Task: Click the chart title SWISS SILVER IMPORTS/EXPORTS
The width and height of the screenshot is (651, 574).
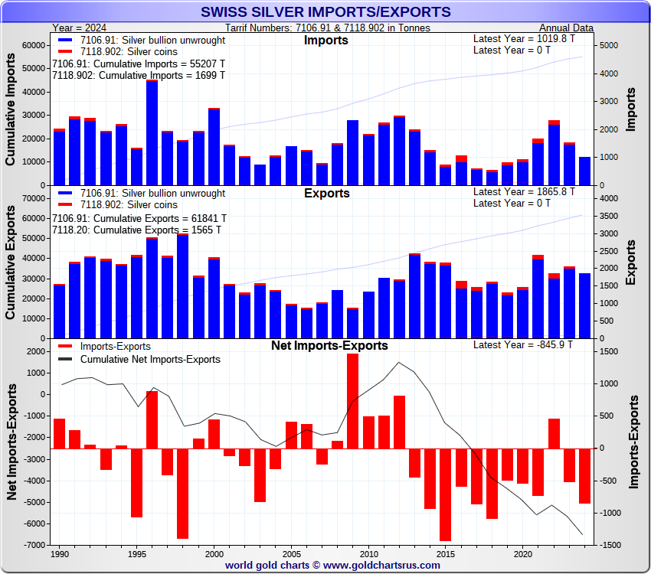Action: pyautogui.click(x=325, y=11)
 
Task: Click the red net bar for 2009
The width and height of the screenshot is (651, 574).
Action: pyautogui.click(x=353, y=401)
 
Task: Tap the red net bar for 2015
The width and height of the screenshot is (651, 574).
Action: pyautogui.click(x=445, y=494)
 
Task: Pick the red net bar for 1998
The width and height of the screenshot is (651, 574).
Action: pyautogui.click(x=182, y=494)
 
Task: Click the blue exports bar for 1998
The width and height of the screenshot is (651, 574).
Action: pyautogui.click(x=182, y=287)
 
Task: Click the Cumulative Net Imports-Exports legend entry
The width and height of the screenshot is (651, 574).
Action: pyautogui.click(x=150, y=359)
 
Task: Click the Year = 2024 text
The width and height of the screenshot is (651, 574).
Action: pyautogui.click(x=78, y=28)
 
